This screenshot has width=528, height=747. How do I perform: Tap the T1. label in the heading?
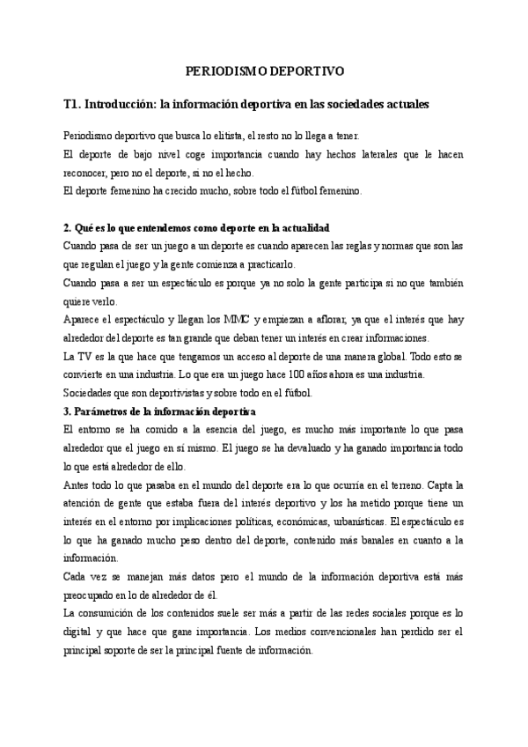[74, 104]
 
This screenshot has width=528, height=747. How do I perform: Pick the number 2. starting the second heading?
[69, 226]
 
